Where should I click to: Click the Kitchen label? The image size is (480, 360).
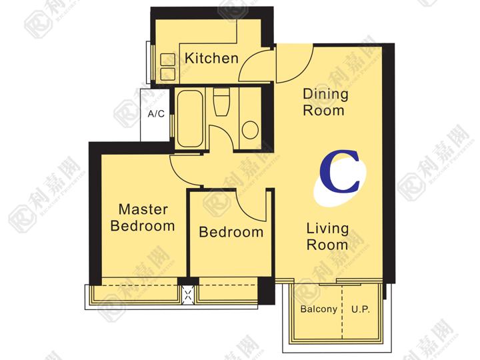(211, 58)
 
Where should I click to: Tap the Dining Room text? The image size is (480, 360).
(325, 102)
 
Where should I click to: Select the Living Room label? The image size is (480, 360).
(327, 237)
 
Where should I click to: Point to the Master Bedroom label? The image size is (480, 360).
(143, 217)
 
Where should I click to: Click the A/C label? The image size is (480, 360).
(156, 114)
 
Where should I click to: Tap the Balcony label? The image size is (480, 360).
(319, 309)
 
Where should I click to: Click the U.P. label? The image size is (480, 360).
(361, 309)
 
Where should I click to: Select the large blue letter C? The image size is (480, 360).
(339, 171)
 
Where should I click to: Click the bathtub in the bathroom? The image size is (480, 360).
(190, 119)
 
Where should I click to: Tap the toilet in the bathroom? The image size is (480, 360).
(221, 102)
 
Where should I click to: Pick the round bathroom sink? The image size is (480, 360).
(250, 130)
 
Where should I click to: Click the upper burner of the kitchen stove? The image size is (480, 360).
(168, 59)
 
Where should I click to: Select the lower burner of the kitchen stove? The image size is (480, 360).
(168, 74)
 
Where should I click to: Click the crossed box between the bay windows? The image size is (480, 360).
(188, 295)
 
